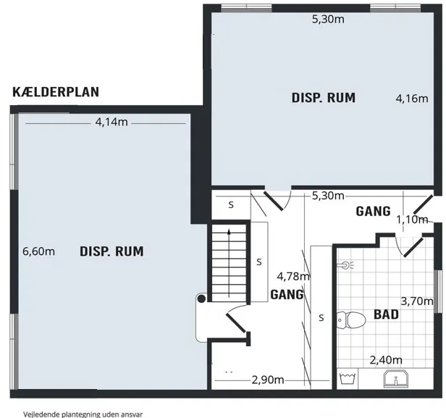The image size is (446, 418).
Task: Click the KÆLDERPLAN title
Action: [56, 92]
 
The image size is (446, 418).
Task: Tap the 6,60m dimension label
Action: [39, 251]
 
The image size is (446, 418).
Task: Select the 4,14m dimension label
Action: [111, 122]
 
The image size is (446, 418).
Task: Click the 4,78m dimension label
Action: [293, 276]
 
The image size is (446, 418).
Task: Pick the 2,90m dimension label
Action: [267, 380]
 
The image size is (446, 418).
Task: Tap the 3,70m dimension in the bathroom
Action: [417, 301]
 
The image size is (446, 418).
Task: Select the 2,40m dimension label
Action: [386, 360]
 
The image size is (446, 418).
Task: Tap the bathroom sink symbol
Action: [395, 379]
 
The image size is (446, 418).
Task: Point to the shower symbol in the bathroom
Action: [348, 265]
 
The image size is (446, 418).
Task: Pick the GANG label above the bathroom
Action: [374, 211]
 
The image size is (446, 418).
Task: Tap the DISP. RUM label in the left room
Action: [111, 252]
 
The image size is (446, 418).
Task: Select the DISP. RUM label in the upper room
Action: [324, 98]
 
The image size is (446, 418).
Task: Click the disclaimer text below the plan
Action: [71, 412]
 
